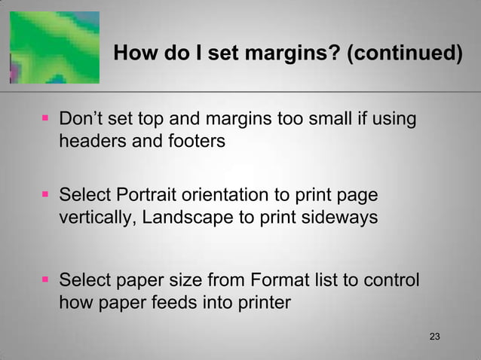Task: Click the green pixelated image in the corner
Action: (55, 46)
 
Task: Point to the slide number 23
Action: (434, 335)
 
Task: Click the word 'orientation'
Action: (230, 197)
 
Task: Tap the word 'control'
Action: (391, 282)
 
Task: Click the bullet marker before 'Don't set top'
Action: (46, 121)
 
